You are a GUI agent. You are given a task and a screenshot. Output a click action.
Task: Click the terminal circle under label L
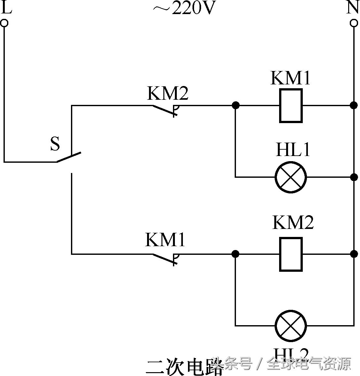[x=4, y=23]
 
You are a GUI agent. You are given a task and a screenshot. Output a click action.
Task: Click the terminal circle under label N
[x=354, y=23]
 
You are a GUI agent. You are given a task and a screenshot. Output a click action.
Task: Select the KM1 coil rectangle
[x=291, y=106]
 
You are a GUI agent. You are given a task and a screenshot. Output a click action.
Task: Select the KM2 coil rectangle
[x=291, y=254]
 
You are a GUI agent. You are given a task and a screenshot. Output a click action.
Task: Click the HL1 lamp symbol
[x=291, y=177]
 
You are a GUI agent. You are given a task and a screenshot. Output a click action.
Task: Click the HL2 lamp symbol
[x=291, y=325]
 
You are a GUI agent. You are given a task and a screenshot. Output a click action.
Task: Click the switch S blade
[x=69, y=157]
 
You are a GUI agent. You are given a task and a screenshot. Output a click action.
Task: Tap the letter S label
[x=55, y=144]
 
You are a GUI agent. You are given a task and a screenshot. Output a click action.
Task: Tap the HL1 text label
[x=293, y=149]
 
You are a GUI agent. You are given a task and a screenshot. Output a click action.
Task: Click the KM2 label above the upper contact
[x=168, y=93]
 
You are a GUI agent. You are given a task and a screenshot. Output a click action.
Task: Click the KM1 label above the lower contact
[x=165, y=240]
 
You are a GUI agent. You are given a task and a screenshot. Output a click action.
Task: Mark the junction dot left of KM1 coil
[x=235, y=105]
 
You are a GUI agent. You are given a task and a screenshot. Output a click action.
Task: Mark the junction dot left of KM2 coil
[x=235, y=254]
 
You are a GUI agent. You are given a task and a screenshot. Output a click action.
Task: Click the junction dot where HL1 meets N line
[x=354, y=177]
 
